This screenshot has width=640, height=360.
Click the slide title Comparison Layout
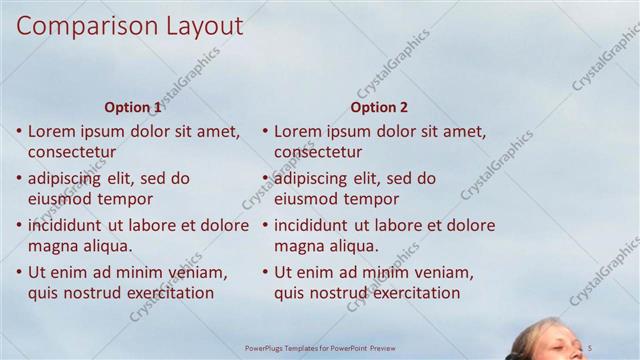pyautogui.click(x=129, y=26)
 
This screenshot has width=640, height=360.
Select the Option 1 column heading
pyautogui.click(x=132, y=108)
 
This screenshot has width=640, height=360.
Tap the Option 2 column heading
pyautogui.click(x=378, y=108)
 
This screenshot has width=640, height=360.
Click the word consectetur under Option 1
pyautogui.click(x=72, y=153)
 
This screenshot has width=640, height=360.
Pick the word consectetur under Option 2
pyautogui.click(x=318, y=153)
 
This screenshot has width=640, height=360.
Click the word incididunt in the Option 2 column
pyautogui.click(x=314, y=225)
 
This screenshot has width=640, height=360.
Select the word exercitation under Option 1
pyautogui.click(x=164, y=293)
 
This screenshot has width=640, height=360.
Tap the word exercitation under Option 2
pyautogui.click(x=410, y=293)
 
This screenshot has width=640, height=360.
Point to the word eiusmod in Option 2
pyautogui.click(x=306, y=199)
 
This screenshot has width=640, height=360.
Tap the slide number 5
pyautogui.click(x=590, y=347)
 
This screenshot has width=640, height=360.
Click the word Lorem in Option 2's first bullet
pyautogui.click(x=297, y=131)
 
